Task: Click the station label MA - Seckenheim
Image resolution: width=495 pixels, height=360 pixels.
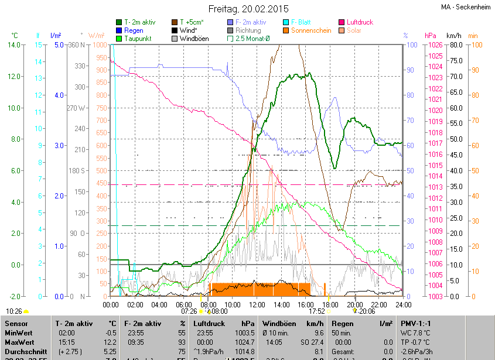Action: point(465,7)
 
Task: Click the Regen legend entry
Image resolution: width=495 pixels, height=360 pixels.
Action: point(134,30)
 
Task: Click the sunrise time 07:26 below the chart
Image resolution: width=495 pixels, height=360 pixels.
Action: point(189,311)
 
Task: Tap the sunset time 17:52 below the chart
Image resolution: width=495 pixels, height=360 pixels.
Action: point(318,311)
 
